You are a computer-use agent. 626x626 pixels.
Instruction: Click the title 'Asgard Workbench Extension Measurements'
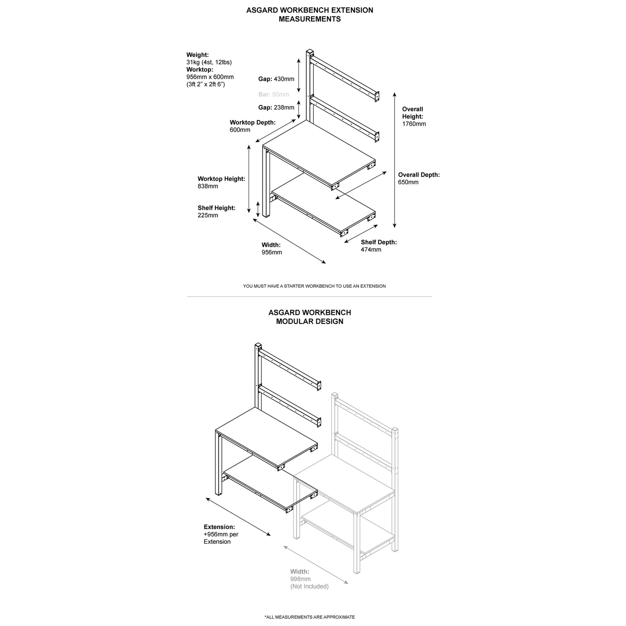pos(309,14)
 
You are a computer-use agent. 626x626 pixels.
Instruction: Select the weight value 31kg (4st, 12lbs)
pos(209,62)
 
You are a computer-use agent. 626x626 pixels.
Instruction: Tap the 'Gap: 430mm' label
pos(276,79)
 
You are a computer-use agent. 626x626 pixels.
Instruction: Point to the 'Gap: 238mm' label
pos(276,107)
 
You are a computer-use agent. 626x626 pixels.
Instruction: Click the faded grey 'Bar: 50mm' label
pos(273,94)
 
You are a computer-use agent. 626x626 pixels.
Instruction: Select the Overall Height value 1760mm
pos(414,124)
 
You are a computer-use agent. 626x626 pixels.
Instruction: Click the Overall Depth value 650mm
pos(408,182)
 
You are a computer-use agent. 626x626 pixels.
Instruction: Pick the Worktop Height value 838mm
pos(208,186)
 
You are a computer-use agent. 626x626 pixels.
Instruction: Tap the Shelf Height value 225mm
pos(208,215)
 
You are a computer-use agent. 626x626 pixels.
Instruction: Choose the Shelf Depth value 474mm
pos(371,250)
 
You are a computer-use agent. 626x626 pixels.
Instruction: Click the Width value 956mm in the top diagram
pos(272,253)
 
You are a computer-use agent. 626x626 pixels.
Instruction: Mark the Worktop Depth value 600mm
pos(240,130)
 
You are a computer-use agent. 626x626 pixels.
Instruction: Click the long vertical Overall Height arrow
pos(394,160)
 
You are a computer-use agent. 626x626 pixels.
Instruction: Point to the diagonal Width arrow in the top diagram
pos(289,241)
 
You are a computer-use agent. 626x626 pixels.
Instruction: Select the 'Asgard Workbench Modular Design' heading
pos(309,317)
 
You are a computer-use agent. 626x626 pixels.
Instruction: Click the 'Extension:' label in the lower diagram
pos(219,527)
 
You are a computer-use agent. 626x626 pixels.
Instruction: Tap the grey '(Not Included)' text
pos(309,587)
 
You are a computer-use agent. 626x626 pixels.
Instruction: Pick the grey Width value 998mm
pos(300,579)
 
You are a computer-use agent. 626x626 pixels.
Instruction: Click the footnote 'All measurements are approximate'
pos(309,617)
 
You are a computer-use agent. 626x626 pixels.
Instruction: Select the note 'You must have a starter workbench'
pos(314,286)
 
